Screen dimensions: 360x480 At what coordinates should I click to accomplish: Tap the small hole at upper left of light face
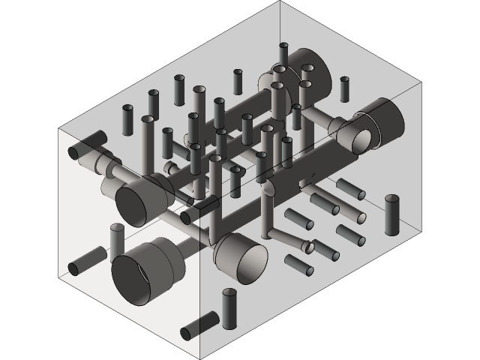pyautogui.click(x=73, y=153)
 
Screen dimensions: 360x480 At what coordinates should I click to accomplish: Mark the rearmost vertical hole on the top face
pyautogui.click(x=283, y=54)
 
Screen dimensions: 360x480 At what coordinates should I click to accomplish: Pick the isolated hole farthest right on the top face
pyautogui.click(x=344, y=88)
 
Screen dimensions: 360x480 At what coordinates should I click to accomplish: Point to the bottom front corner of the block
pyautogui.click(x=199, y=358)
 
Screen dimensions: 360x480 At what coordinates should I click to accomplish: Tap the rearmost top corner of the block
pyautogui.click(x=280, y=1)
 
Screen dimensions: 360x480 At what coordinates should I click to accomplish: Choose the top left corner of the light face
pyautogui.click(x=59, y=128)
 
